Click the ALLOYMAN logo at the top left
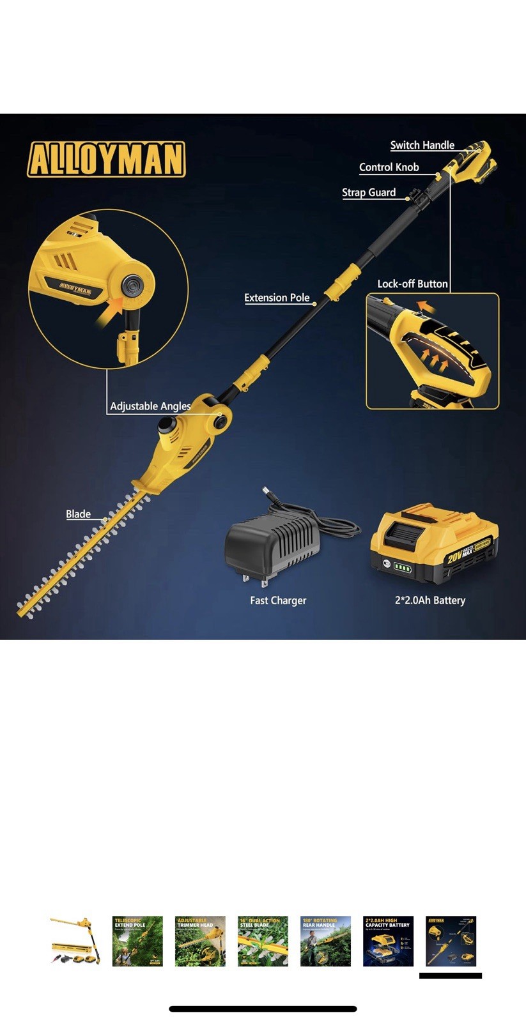106,159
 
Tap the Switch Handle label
422,145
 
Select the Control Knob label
389,167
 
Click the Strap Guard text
369,192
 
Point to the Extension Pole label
277,298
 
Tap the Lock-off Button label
412,284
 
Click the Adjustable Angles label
150,406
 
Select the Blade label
78,514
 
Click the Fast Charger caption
278,600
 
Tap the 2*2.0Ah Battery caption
429,600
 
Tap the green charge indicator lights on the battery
403,567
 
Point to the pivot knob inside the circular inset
133,284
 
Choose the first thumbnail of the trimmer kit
75,941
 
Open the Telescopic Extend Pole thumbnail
137,941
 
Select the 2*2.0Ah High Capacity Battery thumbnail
388,941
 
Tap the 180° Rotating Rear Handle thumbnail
325,941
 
